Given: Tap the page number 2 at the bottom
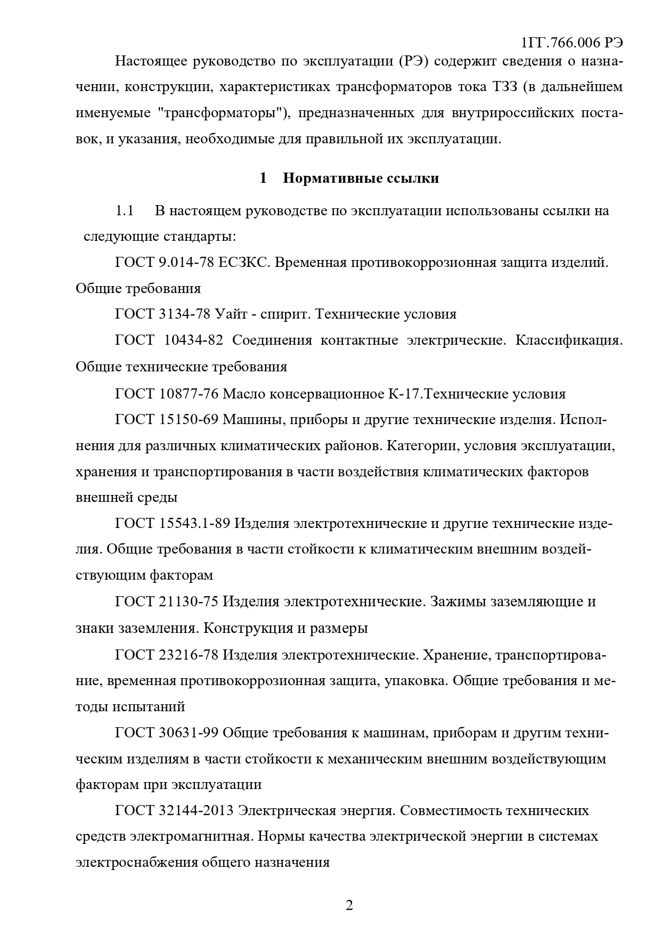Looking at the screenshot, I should click(x=349, y=906).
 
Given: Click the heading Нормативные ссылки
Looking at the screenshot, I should click(x=361, y=178).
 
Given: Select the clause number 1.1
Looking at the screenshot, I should click(x=125, y=211).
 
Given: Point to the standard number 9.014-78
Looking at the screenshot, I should click(x=186, y=263).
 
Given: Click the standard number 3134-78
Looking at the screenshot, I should click(x=185, y=314).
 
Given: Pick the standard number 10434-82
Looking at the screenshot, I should click(x=191, y=340).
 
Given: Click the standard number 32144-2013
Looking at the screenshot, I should click(x=197, y=811).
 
